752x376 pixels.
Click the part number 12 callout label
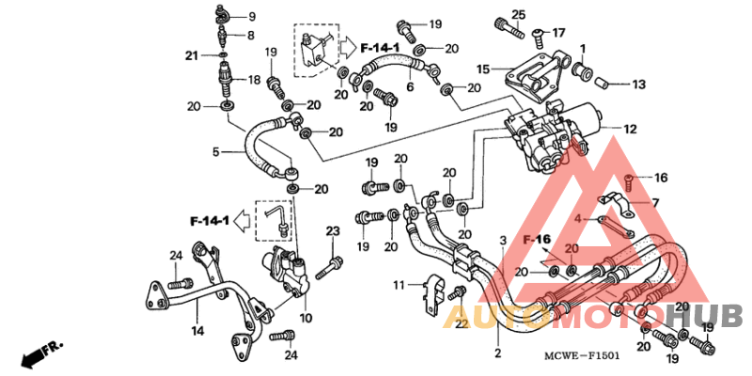point(630,129)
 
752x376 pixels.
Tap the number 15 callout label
point(483,70)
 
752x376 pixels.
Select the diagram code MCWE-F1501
point(581,356)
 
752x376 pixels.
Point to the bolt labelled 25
point(509,28)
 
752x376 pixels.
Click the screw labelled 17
point(539,37)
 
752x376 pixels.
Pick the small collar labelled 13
point(602,85)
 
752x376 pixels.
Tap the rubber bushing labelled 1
point(583,69)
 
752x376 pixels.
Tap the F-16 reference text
point(537,239)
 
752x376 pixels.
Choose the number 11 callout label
point(399,286)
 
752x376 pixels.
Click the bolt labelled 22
point(458,293)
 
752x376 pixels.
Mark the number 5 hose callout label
point(216,152)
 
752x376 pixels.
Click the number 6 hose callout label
point(410,86)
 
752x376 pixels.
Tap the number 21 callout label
point(192,56)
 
